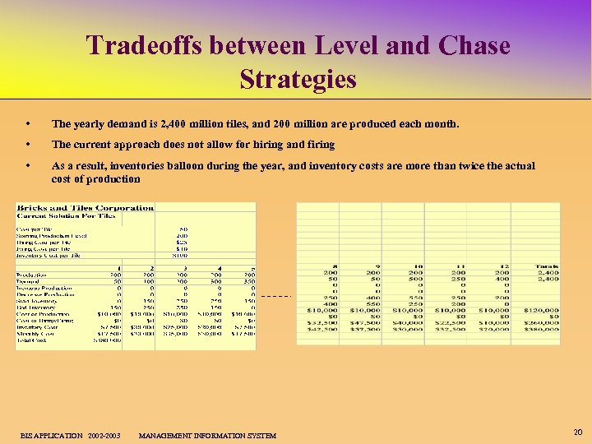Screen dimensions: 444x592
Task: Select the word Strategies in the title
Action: [x=298, y=79]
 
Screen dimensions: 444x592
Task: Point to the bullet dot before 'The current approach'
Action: [x=29, y=145]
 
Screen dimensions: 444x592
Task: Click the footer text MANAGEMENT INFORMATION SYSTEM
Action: [x=207, y=435]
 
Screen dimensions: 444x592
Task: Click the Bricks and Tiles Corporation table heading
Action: [x=86, y=208]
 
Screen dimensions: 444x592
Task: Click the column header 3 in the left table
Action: [x=184, y=268]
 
